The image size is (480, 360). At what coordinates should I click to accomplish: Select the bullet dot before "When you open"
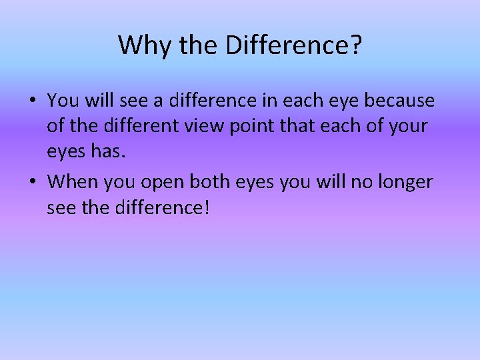point(33,182)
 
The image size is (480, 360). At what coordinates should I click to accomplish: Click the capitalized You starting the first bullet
point(63,101)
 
